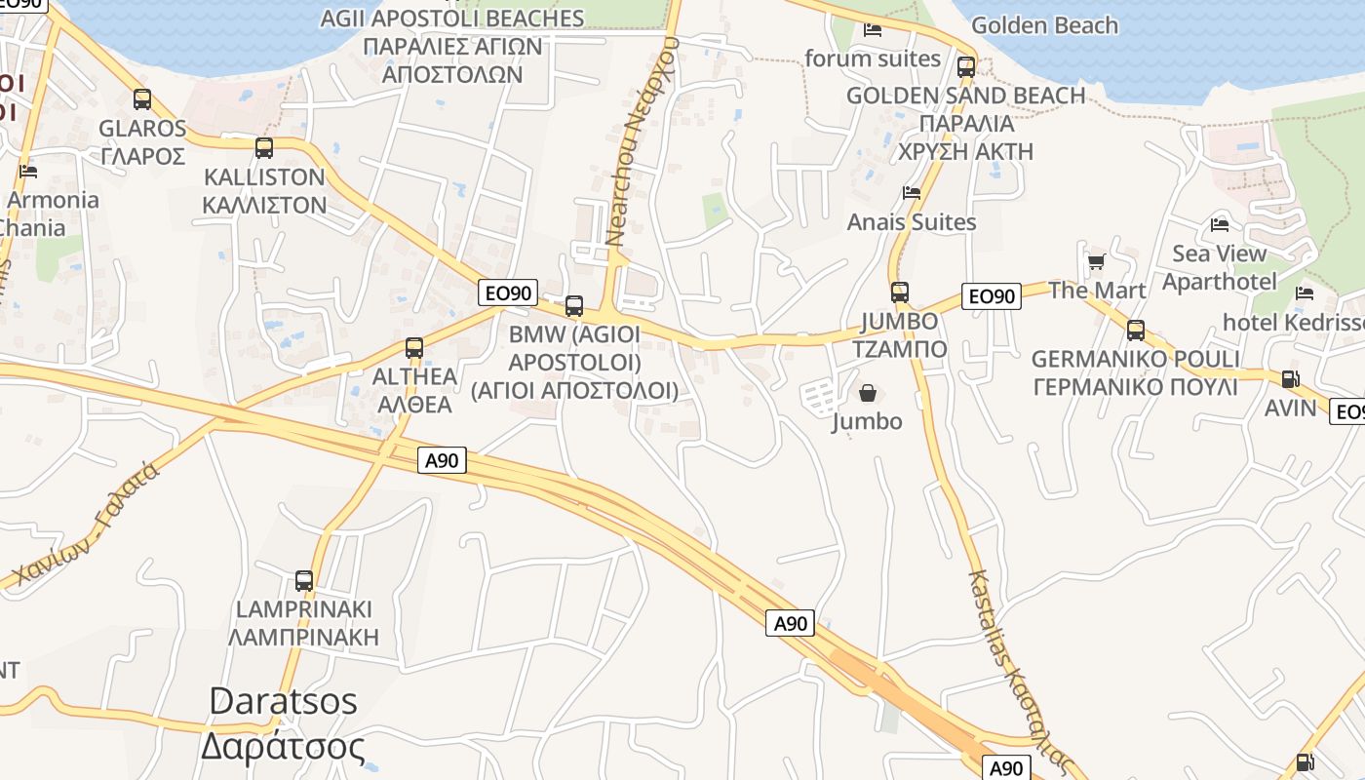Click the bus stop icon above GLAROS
point(142,99)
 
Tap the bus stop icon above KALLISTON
point(264,148)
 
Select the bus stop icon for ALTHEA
point(414,347)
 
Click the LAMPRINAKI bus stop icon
point(304,581)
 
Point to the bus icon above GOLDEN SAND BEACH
point(966,67)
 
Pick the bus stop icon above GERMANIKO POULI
point(1136,331)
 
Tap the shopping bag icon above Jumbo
point(868,393)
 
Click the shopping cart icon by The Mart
point(1097,261)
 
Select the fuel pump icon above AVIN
point(1290,379)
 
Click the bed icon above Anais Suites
point(912,193)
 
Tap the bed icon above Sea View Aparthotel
point(1220,225)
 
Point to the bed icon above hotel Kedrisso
point(1305,293)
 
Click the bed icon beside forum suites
point(873,30)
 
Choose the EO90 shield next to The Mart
point(992,295)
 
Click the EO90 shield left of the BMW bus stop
point(508,292)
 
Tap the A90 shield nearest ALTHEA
point(443,460)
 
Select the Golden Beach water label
point(1044,25)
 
